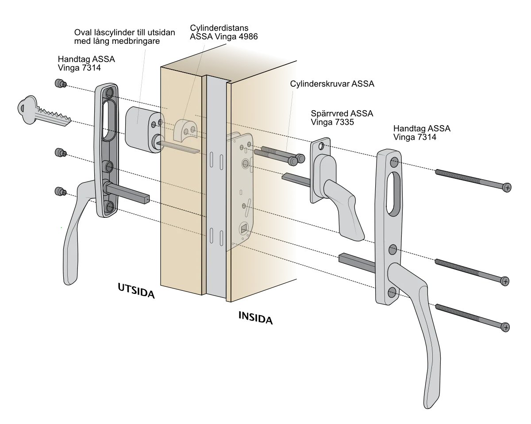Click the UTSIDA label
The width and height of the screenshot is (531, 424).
pos(136,291)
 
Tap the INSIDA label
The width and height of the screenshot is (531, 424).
pos(256,318)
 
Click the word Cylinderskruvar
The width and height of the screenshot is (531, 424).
pos(320,84)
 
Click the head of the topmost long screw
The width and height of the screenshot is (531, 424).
pos(507,188)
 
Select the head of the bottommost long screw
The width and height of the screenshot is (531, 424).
pos(506,327)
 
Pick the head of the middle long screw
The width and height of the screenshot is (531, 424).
pos(505,281)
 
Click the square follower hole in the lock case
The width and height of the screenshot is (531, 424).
pos(244,229)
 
